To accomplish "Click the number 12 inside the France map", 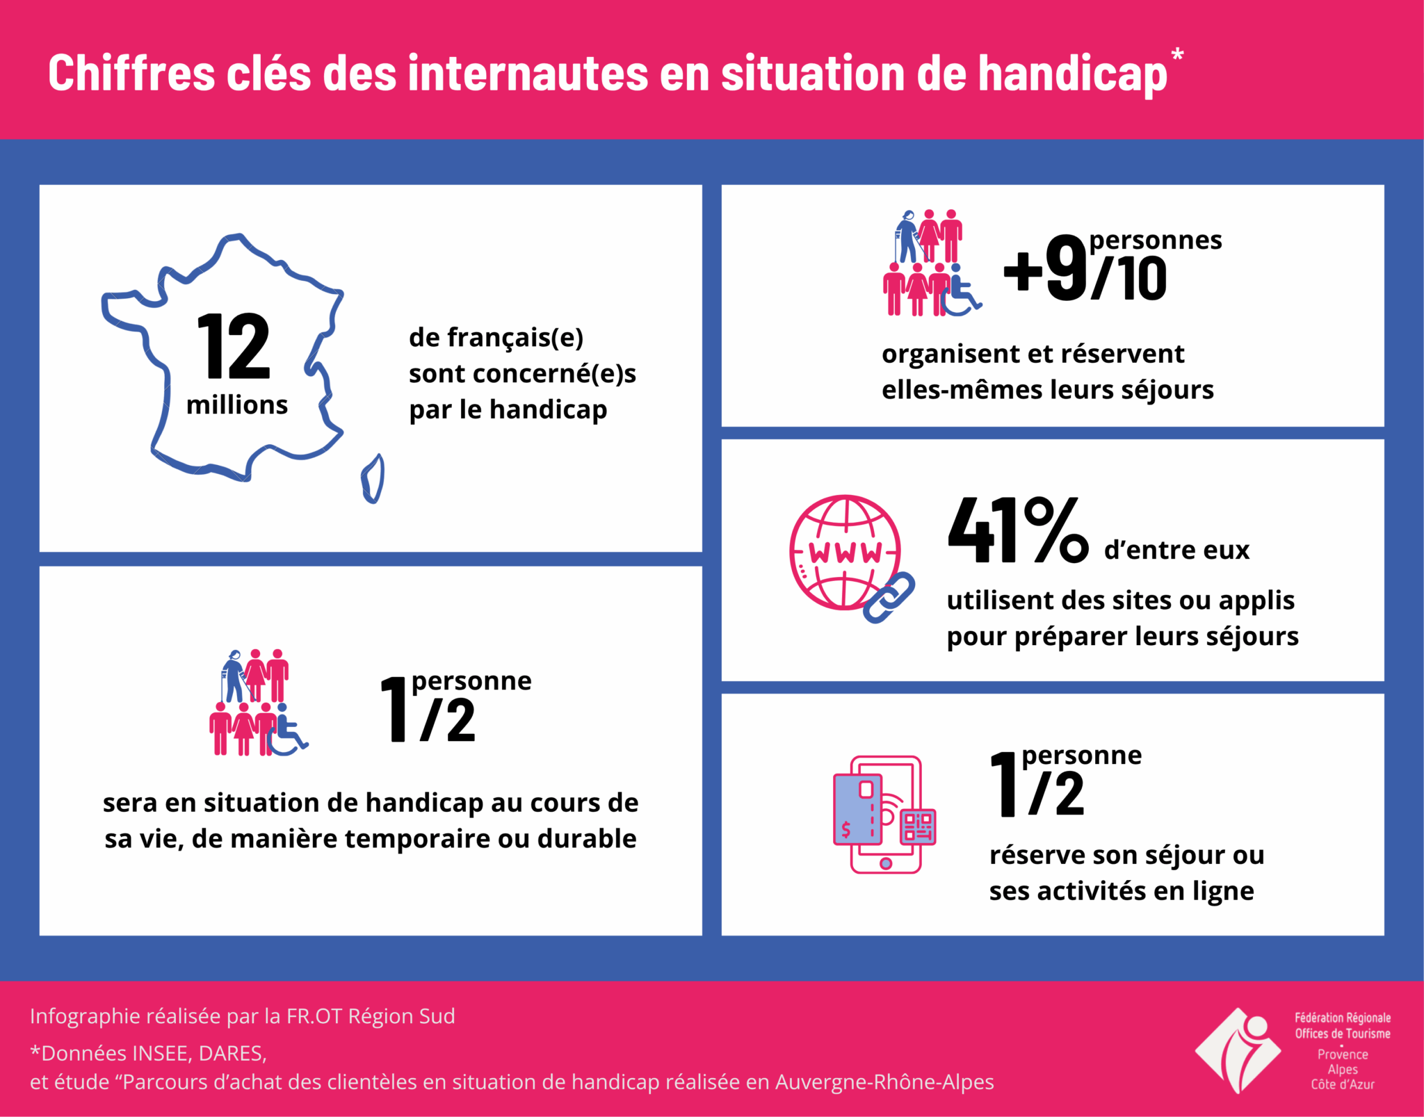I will coord(234,346).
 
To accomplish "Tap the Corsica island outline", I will coord(373,478).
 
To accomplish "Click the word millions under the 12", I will coord(237,405).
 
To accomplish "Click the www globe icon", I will coord(845,553).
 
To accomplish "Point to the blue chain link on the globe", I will coord(889,598).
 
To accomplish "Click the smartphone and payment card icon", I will coord(884,814).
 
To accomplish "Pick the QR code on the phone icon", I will coord(918,827).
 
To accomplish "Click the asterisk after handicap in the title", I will coord(1177,55).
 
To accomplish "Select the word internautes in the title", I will coord(527,74).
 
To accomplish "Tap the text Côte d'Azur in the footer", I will coord(1343,1084).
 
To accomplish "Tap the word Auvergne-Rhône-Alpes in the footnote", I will coord(884,1082).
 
